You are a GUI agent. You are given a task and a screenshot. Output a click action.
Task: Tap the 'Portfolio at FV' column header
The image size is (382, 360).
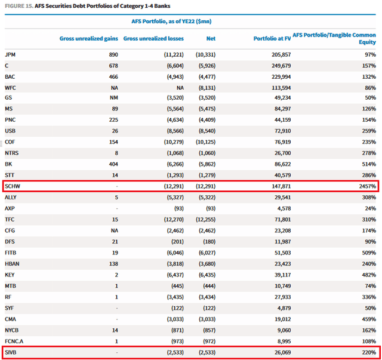(x=272, y=38)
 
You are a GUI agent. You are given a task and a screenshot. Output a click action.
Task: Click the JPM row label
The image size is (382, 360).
(x=11, y=54)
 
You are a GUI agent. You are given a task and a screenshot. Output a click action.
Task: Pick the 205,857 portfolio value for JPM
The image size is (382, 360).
(x=279, y=54)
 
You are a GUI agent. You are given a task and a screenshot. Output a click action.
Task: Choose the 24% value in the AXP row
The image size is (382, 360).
(x=369, y=208)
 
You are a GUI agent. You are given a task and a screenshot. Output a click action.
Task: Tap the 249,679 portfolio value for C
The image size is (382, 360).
(x=279, y=65)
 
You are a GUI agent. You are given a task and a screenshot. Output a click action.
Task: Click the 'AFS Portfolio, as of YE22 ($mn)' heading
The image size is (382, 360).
(x=171, y=21)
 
